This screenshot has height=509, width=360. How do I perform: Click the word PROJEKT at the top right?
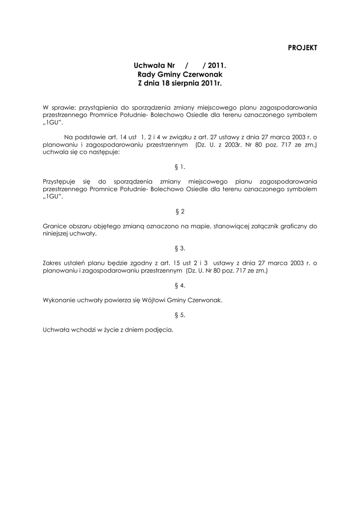[302, 47]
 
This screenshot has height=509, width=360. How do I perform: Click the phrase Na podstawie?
[83, 136]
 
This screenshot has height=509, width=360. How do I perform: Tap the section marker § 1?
[180, 168]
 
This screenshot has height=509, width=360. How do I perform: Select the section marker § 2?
[180, 212]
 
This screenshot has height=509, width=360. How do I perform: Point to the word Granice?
[55, 226]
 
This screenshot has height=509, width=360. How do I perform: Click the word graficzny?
[293, 226]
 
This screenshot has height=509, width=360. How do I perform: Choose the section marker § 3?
[180, 248]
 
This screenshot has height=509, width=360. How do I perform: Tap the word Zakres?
[54, 262]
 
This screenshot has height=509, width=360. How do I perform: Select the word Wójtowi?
[154, 300]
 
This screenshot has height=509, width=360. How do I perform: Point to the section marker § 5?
[180, 315]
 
